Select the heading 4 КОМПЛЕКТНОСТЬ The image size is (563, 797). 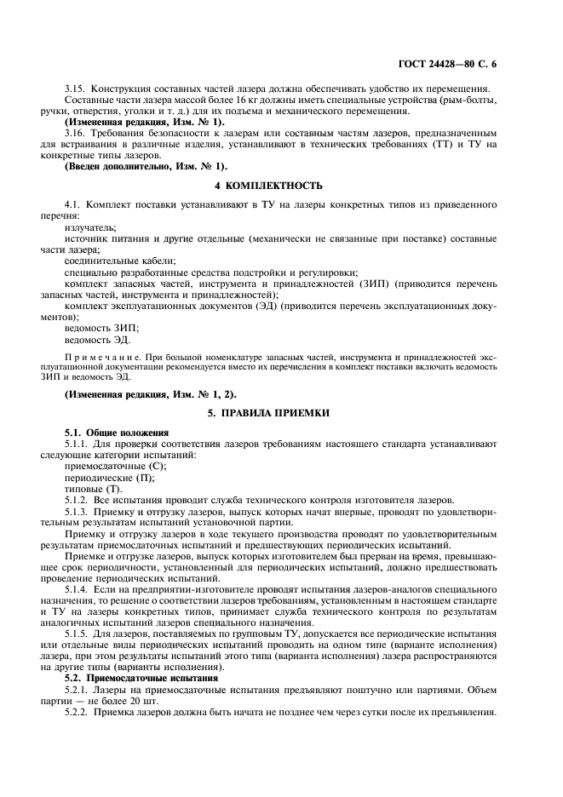point(281,185)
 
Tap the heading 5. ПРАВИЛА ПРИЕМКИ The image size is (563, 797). point(281,412)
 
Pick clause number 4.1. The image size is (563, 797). point(74,205)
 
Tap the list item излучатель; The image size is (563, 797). point(91,227)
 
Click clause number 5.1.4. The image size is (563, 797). point(79,588)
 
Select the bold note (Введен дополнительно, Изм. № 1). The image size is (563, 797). point(146,165)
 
